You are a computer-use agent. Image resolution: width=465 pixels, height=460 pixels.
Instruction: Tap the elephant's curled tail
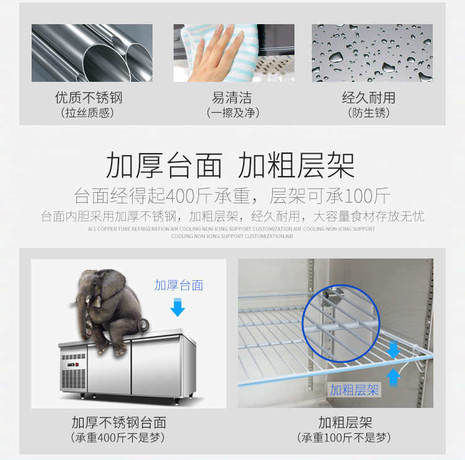pos(144,325)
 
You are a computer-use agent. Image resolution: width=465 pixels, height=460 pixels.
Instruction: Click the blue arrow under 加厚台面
pos(178,307)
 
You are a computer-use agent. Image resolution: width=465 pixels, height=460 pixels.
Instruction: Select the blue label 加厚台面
pos(179,285)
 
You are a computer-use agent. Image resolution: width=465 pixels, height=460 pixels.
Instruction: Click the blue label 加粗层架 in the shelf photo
pos(354,390)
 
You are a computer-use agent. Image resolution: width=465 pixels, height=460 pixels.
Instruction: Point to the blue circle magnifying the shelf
pos(303,323)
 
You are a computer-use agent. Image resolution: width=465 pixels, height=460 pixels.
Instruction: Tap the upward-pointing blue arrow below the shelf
pos(393,378)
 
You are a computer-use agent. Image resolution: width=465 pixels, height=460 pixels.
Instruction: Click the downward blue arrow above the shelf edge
pos(393,350)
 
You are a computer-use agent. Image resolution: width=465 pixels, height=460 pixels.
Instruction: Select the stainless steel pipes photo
pos(92,53)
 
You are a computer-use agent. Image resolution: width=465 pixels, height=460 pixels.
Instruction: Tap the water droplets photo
pos(372,53)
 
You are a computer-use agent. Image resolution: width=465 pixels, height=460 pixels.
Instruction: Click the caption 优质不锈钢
pos(89,97)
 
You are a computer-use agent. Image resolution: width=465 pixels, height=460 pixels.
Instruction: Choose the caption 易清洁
pos(232,97)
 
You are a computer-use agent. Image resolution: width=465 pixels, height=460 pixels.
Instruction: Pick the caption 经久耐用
pos(369,97)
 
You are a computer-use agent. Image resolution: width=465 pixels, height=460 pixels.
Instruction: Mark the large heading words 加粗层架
pos(296,165)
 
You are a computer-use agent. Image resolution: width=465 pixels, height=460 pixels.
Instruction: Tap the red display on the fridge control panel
pos(77,364)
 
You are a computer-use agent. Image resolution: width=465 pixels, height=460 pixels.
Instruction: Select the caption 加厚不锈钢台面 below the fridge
pos(118,422)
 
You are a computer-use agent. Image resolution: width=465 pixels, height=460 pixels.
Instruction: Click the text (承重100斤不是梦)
pos(344,438)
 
